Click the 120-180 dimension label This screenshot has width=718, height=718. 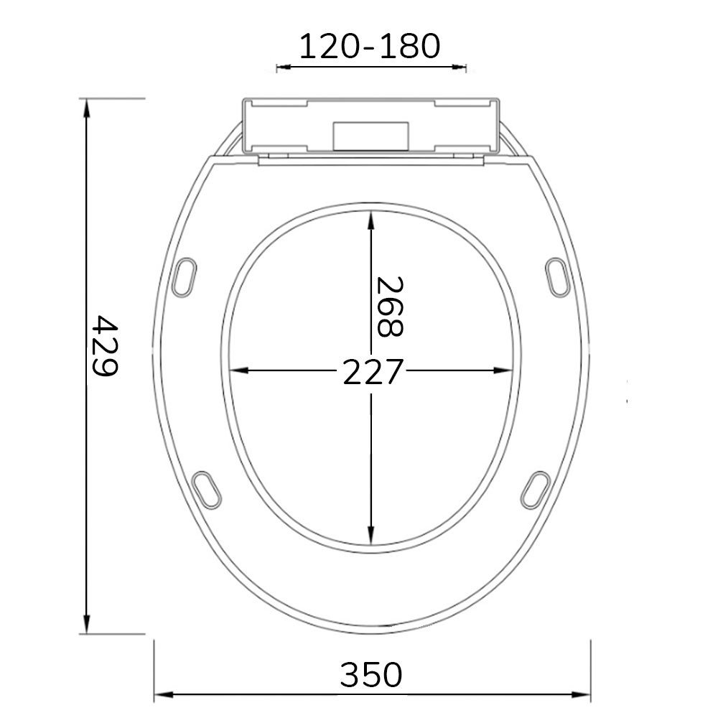click(x=369, y=47)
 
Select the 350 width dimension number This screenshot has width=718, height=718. click(x=371, y=676)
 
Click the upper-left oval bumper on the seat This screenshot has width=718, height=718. click(x=185, y=276)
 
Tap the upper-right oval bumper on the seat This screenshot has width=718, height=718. click(x=557, y=276)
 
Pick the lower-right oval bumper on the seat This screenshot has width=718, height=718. click(x=536, y=488)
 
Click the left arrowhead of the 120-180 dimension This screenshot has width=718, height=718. click(x=282, y=67)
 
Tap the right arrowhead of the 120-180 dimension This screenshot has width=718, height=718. click(x=460, y=67)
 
